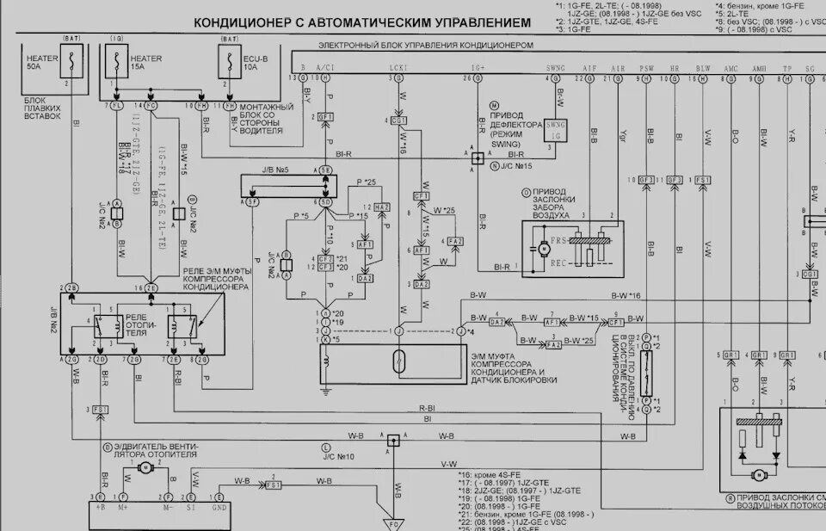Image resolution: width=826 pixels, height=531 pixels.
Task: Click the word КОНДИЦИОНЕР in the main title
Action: [243, 22]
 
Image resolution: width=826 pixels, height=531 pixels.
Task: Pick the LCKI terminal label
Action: [398, 67]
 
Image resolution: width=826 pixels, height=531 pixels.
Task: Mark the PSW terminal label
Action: [647, 67]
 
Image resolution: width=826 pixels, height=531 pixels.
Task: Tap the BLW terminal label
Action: [703, 67]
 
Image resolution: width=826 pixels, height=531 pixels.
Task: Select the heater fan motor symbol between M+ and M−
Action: [145, 467]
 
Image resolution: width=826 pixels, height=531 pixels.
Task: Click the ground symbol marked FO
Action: [393, 522]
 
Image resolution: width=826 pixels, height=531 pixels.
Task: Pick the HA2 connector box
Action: [381, 207]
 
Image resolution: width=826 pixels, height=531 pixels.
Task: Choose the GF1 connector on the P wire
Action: [325, 116]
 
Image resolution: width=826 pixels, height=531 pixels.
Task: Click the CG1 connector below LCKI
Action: [398, 121]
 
